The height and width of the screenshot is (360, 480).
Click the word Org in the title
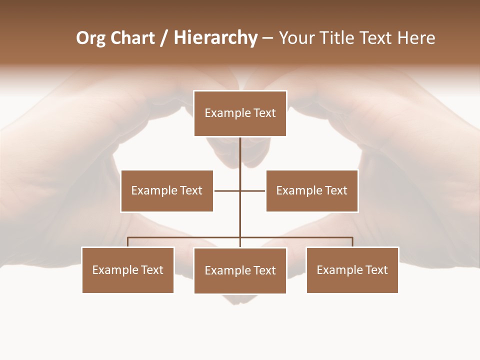[91, 38]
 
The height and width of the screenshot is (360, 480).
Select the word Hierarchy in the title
[215, 38]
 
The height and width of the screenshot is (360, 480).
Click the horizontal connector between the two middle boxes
[227, 190]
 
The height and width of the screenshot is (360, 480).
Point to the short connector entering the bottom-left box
[128, 242]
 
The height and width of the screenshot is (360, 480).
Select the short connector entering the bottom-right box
[352, 242]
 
